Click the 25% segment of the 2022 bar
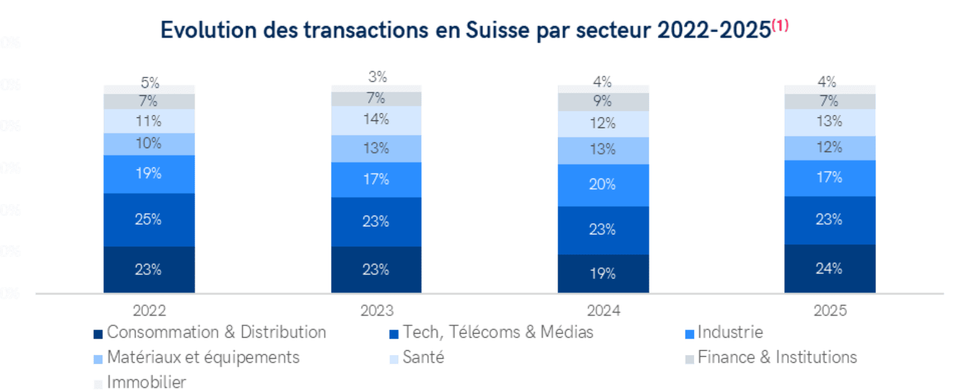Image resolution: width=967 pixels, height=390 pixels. [149, 220]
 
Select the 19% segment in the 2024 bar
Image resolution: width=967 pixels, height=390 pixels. [603, 274]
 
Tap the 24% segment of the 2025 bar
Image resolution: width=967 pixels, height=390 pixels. [830, 269]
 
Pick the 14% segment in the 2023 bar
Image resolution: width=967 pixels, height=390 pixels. [376, 120]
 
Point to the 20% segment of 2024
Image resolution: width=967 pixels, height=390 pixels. [603, 184]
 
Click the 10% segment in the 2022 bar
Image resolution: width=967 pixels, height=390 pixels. [149, 144]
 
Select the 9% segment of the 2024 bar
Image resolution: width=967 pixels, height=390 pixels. [603, 101]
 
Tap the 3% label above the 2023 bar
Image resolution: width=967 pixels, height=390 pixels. [377, 77]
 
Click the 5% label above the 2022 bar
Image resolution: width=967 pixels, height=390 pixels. [150, 82]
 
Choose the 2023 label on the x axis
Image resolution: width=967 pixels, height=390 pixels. [376, 310]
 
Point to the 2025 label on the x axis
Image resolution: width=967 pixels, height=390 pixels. [830, 310]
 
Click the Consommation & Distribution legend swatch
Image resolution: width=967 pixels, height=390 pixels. [98, 334]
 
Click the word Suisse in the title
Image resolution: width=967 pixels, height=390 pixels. [498, 30]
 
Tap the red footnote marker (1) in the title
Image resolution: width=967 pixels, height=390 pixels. [780, 25]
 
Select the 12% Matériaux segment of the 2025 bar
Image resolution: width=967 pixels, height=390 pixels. [830, 148]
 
